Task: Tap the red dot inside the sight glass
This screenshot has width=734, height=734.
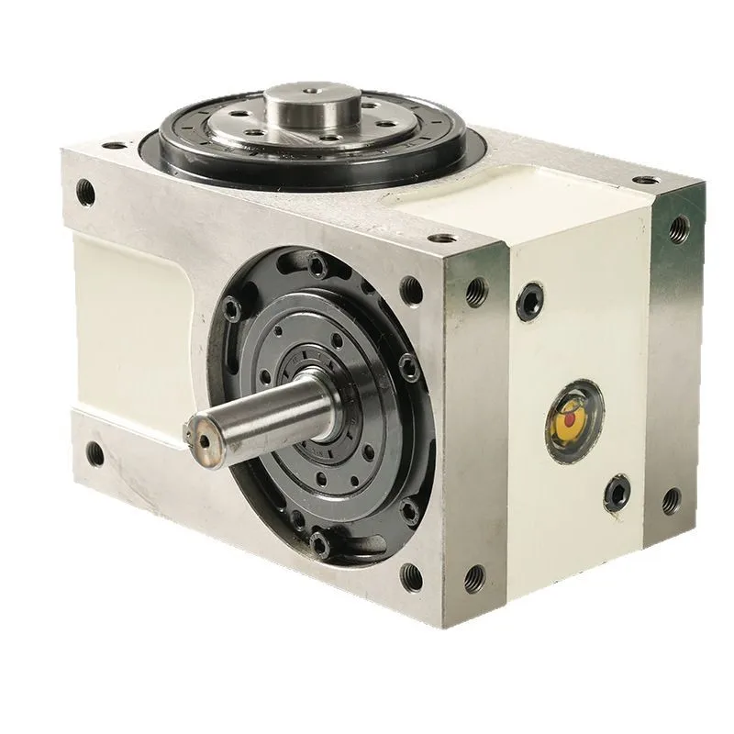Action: coord(570,417)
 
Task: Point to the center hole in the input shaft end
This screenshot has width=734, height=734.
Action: coord(201,431)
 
